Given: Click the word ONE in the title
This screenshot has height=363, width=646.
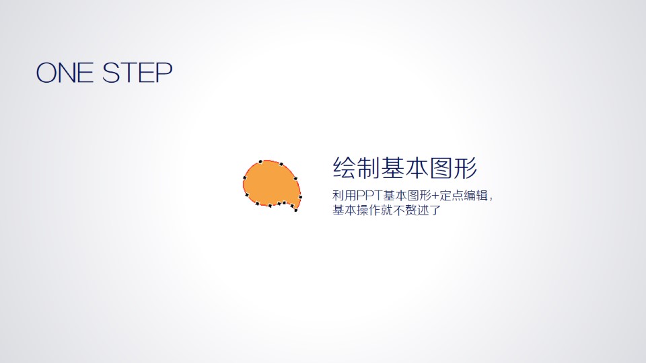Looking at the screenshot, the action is pyautogui.click(x=65, y=73).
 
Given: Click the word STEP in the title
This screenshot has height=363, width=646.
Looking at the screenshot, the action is pyautogui.click(x=137, y=73).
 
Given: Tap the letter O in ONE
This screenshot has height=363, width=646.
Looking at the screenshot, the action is pyautogui.click(x=46, y=73).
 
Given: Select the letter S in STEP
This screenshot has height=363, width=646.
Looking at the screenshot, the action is pyautogui.click(x=111, y=73).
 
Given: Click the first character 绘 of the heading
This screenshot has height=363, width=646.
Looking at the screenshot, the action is pyautogui.click(x=345, y=168).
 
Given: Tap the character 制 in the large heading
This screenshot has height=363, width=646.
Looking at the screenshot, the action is pyautogui.click(x=368, y=168).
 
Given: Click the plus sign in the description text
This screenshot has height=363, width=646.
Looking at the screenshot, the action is pyautogui.click(x=435, y=196).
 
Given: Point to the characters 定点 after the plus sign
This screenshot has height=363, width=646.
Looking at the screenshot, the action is pyautogui.click(x=452, y=196).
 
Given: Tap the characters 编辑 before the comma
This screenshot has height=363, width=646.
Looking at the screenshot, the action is pyautogui.click(x=476, y=196).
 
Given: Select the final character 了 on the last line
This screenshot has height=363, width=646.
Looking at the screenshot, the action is pyautogui.click(x=435, y=210).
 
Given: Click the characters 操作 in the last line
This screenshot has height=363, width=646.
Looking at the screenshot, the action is pyautogui.click(x=369, y=210).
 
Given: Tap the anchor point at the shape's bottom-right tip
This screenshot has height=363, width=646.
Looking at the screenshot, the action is pyautogui.click(x=296, y=210).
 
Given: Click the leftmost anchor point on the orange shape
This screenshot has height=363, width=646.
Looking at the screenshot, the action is pyautogui.click(x=245, y=177).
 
